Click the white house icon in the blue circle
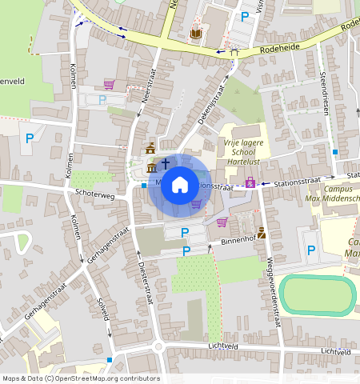pyautogui.click(x=180, y=185)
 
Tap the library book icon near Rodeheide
pyautogui.click(x=196, y=34)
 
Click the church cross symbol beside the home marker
pyautogui.click(x=166, y=163)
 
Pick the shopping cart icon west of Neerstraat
pyautogui.click(x=109, y=83)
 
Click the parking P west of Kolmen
pyautogui.click(x=30, y=138)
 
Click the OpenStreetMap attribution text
pyautogui.click(x=81, y=378)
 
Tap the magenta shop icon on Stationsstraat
pyautogui.click(x=250, y=183)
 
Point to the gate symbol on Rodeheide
pyautogui.click(x=234, y=53)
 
